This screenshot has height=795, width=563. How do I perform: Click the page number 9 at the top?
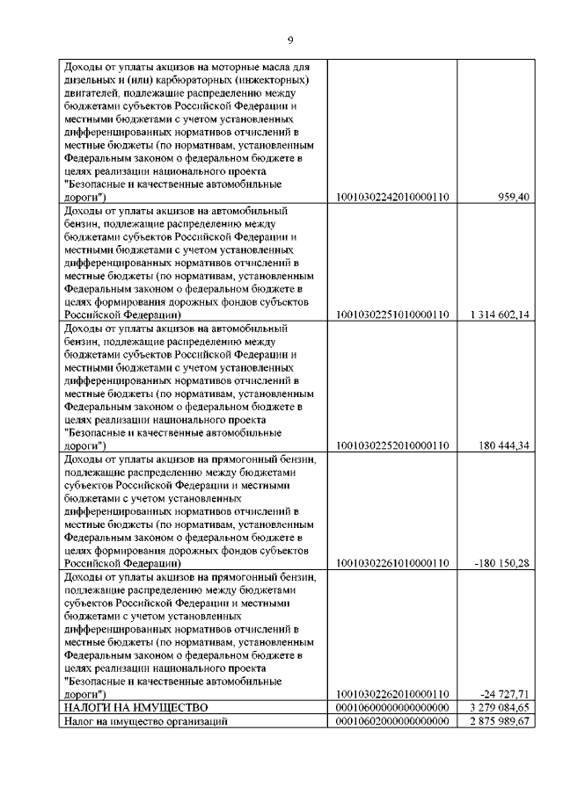(290, 40)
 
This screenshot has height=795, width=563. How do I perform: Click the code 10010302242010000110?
(393, 198)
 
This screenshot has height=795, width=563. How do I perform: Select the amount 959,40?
(512, 198)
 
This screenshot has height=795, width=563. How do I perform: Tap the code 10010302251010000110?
(393, 314)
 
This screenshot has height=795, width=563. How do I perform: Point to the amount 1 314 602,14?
(500, 314)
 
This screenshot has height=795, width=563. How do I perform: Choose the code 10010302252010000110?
(393, 446)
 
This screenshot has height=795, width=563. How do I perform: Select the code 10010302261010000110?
(393, 563)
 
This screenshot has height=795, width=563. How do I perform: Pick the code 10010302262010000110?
(393, 695)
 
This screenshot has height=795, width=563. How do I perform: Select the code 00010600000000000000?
(393, 708)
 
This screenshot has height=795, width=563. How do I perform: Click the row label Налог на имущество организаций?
(147, 721)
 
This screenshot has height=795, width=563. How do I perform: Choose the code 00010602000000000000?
(393, 721)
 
